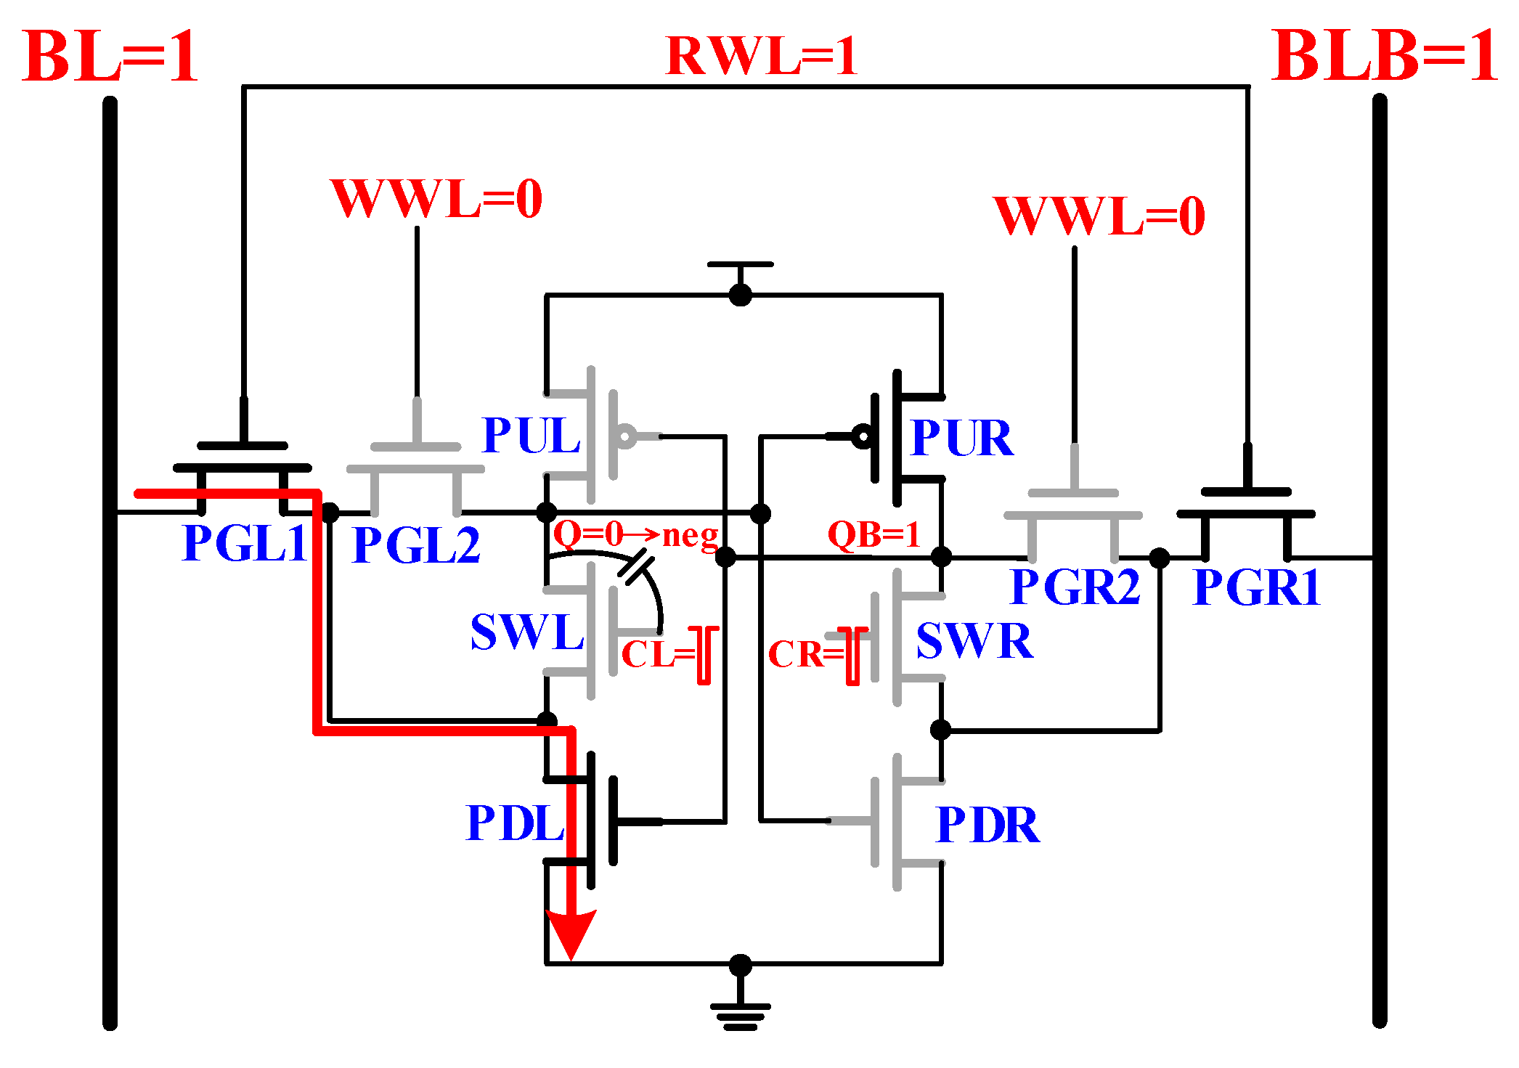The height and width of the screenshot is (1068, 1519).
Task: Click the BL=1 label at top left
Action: [x=110, y=57]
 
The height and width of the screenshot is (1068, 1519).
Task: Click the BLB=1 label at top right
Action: [x=1384, y=57]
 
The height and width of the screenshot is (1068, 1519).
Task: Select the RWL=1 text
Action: [x=761, y=56]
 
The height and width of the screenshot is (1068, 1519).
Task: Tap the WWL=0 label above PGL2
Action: [x=436, y=198]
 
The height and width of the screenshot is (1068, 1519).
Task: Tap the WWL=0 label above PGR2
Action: [x=1099, y=216]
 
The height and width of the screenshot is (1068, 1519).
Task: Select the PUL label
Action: [x=532, y=436]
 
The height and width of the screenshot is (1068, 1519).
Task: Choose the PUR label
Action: [x=961, y=438]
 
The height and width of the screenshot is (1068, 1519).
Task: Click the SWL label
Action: [x=527, y=632]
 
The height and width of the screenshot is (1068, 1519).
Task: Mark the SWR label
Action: [x=974, y=640]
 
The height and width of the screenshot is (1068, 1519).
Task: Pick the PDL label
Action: [x=515, y=823]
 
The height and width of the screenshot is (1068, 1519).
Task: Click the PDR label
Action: [x=987, y=825]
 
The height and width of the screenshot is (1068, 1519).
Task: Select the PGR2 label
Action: [x=1075, y=587]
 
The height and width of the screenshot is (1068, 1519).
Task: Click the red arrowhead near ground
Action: [x=571, y=934]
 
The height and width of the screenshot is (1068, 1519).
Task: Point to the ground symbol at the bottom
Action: [x=740, y=1014]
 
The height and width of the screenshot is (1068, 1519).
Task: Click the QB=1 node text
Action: [x=874, y=534]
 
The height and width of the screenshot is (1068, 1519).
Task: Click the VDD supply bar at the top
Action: [x=740, y=265]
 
